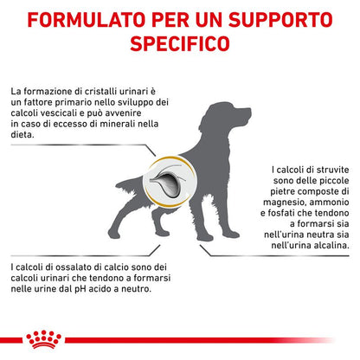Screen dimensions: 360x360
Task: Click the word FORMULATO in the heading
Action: [x=87, y=19]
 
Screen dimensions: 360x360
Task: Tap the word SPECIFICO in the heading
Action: [x=180, y=43]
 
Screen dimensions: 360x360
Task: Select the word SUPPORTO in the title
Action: [x=280, y=19]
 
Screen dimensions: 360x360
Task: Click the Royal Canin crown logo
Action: [x=43, y=339]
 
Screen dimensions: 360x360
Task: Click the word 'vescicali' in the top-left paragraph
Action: [x=59, y=113]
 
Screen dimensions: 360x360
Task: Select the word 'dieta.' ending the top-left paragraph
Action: [x=22, y=135]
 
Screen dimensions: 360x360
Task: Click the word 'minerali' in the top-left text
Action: [x=119, y=124]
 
